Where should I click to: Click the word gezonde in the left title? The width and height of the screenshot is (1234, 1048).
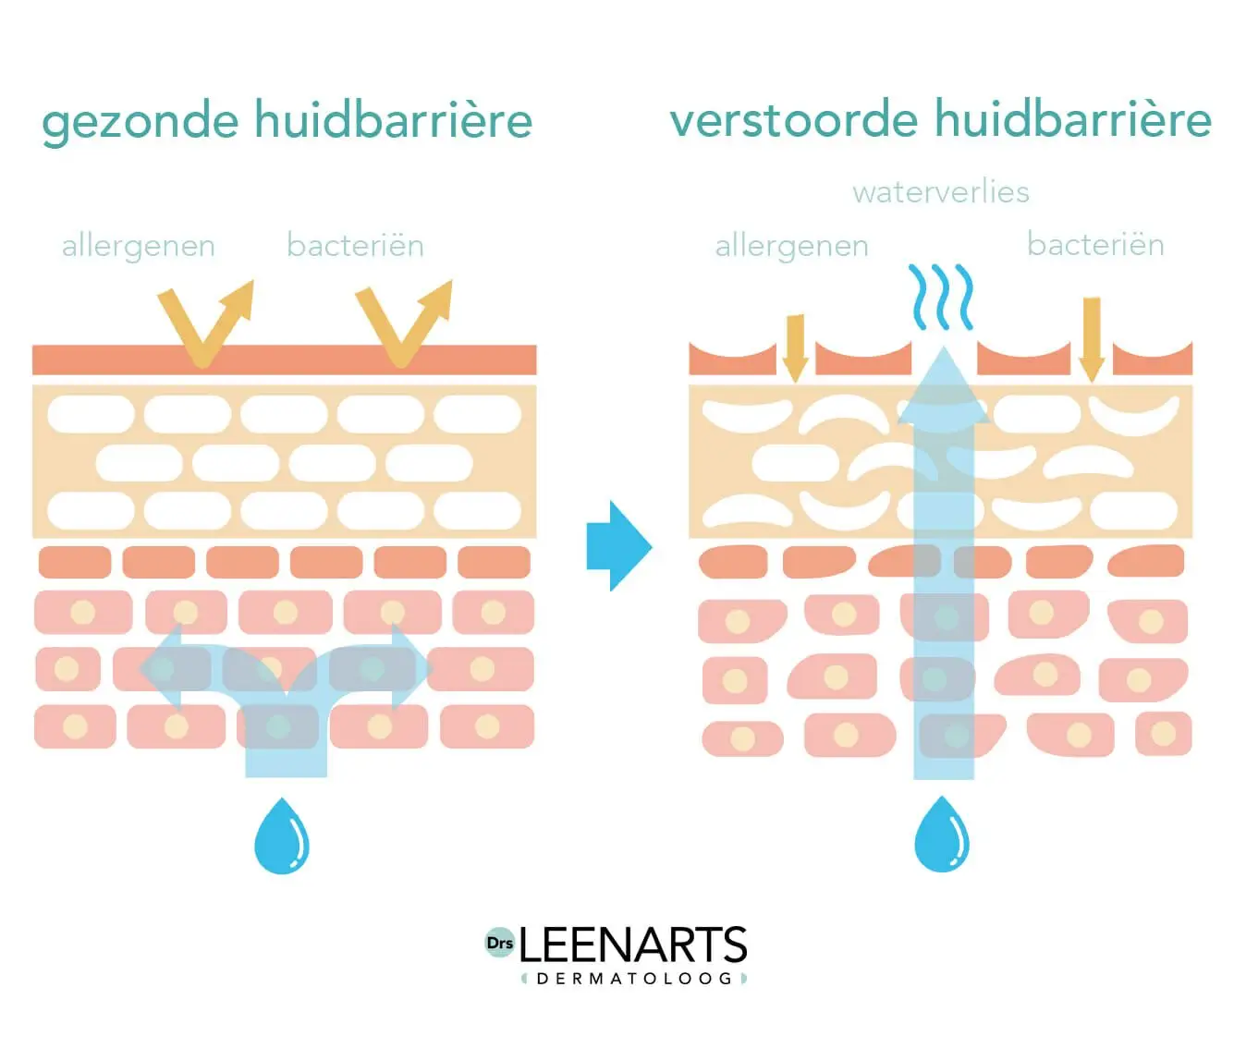[140, 122]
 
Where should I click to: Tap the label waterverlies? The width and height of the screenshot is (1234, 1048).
[940, 192]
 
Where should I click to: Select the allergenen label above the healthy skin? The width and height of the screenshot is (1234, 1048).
[139, 247]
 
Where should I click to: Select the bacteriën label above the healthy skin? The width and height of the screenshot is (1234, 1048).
[355, 246]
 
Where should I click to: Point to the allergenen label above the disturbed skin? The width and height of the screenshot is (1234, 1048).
[792, 247]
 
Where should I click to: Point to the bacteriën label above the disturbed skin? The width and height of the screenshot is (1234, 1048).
[1095, 245]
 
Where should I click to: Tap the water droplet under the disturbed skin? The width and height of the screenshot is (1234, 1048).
[942, 835]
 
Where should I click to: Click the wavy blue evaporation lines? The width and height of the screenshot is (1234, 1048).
[941, 298]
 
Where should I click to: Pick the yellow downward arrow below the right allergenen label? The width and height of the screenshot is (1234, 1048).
[795, 347]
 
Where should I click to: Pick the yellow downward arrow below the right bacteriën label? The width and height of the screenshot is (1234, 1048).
[1092, 338]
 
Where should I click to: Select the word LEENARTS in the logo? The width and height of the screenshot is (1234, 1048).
[633, 945]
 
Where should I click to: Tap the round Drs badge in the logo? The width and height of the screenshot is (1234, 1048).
[499, 943]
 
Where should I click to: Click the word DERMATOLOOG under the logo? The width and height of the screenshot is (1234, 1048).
[634, 979]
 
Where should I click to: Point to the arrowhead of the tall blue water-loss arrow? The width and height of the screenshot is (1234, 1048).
[943, 388]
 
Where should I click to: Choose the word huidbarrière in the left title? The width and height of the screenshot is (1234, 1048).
[393, 120]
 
